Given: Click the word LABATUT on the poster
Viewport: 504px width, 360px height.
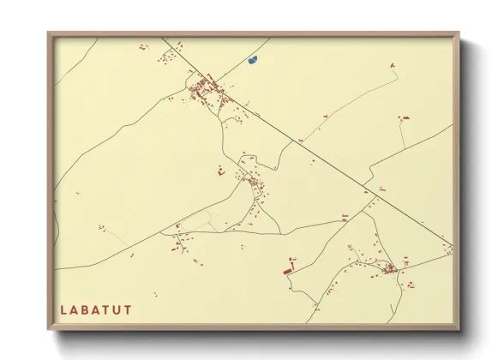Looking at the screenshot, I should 96,308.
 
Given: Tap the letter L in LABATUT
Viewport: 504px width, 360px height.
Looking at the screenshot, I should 63,308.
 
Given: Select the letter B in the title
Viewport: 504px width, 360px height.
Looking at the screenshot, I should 86,308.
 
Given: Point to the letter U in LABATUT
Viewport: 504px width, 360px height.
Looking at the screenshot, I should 118,308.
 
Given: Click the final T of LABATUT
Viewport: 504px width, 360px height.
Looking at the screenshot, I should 129,308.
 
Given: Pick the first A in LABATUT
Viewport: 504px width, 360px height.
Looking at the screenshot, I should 75,308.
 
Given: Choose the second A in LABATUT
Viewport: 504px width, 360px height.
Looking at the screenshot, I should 97,308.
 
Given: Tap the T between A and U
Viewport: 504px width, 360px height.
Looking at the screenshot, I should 107,308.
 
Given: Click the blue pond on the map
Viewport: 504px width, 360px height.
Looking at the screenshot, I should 252,60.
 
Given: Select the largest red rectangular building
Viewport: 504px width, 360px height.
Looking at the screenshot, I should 288,271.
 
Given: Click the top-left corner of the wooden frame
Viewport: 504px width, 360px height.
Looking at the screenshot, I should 49,33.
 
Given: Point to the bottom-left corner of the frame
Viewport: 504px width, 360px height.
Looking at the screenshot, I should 49,329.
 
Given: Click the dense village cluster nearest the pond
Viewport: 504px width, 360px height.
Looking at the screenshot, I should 206,88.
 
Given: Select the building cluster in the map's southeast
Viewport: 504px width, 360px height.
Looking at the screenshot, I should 388,268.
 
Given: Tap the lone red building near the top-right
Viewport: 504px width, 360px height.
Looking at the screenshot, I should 392,65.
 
